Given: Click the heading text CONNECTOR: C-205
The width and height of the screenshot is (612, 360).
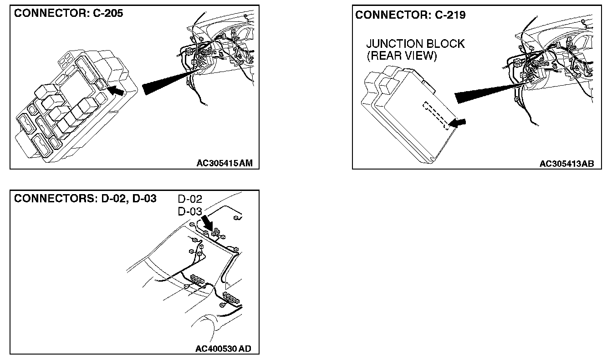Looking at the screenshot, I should point(69,13).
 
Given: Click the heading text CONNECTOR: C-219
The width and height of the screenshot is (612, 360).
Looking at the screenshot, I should point(410,15).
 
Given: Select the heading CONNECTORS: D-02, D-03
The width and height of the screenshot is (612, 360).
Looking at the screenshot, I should point(86,199).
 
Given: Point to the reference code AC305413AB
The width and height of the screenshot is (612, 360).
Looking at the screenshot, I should point(566,164).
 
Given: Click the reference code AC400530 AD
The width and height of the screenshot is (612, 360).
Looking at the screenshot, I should point(223,349).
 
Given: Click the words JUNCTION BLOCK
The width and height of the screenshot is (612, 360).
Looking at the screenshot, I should point(415,44).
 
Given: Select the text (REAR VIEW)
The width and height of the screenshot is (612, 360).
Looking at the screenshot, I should point(402,56).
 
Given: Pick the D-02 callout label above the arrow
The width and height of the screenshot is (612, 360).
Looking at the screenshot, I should point(190,199).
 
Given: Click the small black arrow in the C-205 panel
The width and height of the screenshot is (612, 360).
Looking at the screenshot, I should point(117,91).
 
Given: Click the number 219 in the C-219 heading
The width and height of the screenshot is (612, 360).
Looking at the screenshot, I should point(455,15).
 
